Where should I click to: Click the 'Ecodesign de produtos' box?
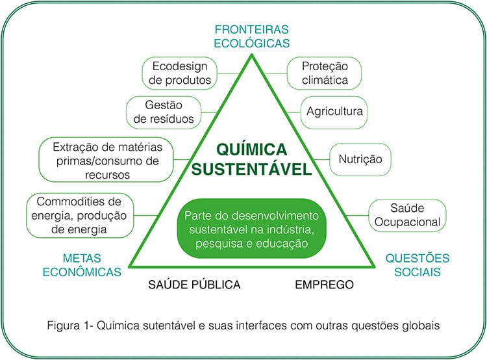[179, 73]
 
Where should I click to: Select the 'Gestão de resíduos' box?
[164, 112]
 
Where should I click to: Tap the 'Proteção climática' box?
[324, 73]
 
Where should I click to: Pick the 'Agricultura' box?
[334, 112]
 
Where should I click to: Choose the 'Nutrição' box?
[360, 159]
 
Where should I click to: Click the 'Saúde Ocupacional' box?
[407, 215]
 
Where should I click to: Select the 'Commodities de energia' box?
[80, 216]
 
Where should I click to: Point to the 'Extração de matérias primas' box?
[106, 159]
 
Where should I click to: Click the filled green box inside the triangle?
[251, 229]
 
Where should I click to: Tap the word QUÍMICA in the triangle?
[251, 149]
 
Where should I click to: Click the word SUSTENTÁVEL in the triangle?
[251, 170]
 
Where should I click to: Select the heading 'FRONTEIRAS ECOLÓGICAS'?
[251, 36]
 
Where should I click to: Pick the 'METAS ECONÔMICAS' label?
[82, 265]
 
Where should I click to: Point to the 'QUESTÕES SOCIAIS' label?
[418, 265]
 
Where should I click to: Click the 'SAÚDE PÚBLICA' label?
[194, 285]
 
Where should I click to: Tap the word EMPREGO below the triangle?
[324, 285]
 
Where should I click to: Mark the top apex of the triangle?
[252, 55]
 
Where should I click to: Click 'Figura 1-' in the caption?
[71, 326]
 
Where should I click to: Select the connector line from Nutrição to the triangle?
[321, 159]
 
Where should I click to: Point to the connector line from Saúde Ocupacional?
[357, 215]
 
